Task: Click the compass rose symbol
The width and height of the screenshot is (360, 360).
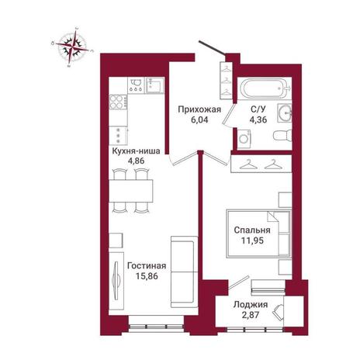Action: coord(72,47)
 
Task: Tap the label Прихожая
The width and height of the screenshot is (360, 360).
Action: coord(199,109)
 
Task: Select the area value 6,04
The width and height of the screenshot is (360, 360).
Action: coord(199,119)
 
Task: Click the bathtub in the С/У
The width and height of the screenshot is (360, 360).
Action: coord(265,88)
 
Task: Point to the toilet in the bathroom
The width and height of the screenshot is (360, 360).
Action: coord(282,136)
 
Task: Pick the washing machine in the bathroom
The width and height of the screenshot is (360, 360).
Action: coord(244,139)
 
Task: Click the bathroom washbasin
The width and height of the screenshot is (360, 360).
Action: coord(285,113)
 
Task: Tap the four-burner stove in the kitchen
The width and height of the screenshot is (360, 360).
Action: coord(118,102)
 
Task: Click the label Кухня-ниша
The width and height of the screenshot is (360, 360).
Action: coord(136,151)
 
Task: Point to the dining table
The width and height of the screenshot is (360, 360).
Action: coord(131,191)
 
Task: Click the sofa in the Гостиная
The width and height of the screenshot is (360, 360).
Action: coord(184,272)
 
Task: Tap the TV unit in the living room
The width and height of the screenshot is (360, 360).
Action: coord(116,280)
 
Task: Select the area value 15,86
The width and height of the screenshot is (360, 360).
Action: coord(147,276)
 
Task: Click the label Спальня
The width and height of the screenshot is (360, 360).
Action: coord(252,230)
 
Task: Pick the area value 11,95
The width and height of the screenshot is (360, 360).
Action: coord(252,241)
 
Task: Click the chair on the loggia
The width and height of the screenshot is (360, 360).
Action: coord(278,312)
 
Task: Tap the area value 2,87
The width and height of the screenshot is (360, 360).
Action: coord(250,315)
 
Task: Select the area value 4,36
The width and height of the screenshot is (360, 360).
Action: coord(258,119)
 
